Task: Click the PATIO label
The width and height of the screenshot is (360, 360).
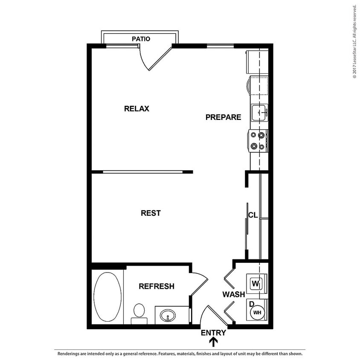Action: pos(141,39)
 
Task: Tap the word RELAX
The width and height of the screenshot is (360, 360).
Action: pos(136,108)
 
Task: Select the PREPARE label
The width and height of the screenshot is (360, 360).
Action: pos(223,117)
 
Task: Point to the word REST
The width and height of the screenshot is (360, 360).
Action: pos(151,213)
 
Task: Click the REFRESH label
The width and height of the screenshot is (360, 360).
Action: pos(157,286)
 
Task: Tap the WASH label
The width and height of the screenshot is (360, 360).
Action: pos(233,294)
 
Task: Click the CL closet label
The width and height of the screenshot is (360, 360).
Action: pos(253,215)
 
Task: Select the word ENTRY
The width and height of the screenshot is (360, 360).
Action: pos(213,333)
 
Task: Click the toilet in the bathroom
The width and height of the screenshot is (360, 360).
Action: pos(139,312)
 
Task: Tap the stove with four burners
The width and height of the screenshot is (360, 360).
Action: pos(258,140)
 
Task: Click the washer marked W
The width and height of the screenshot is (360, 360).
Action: pos(256,283)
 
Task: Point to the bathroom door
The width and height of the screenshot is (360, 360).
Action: pos(198,285)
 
